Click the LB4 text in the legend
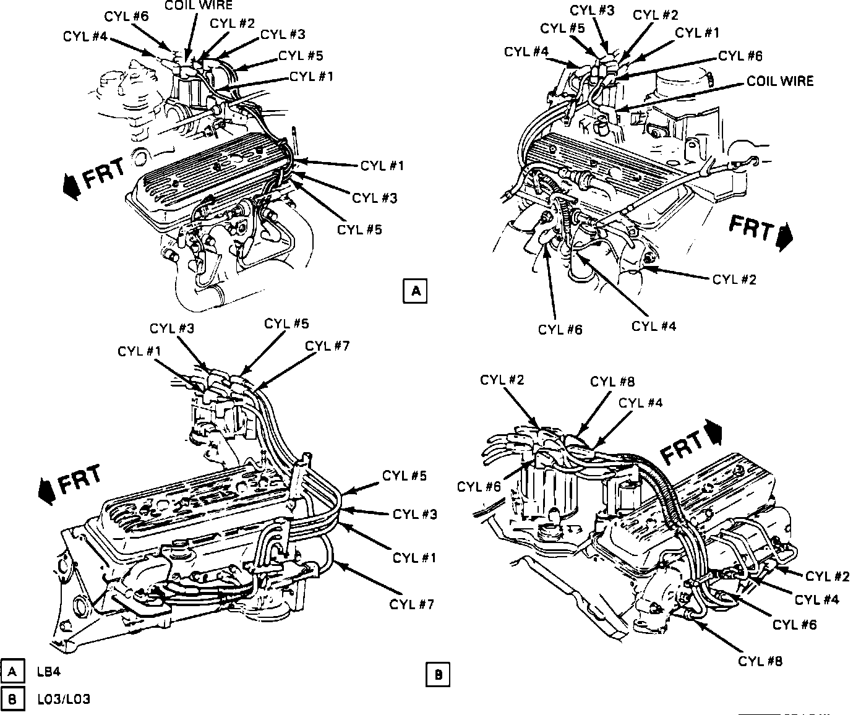tap(49, 671)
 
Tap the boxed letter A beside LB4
tap(12, 671)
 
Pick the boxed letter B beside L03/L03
tap(12, 699)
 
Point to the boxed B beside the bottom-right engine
tap(438, 675)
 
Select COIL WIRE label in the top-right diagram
tap(780, 81)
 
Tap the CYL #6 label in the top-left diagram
tap(127, 17)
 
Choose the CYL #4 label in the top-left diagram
tap(85, 36)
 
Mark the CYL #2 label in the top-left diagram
tap(232, 24)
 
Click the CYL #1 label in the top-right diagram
tap(698, 33)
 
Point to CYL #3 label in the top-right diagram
tap(593, 10)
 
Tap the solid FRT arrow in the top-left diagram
tap(71, 187)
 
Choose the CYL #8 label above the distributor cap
tap(612, 382)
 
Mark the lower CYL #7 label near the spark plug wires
tap(411, 604)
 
